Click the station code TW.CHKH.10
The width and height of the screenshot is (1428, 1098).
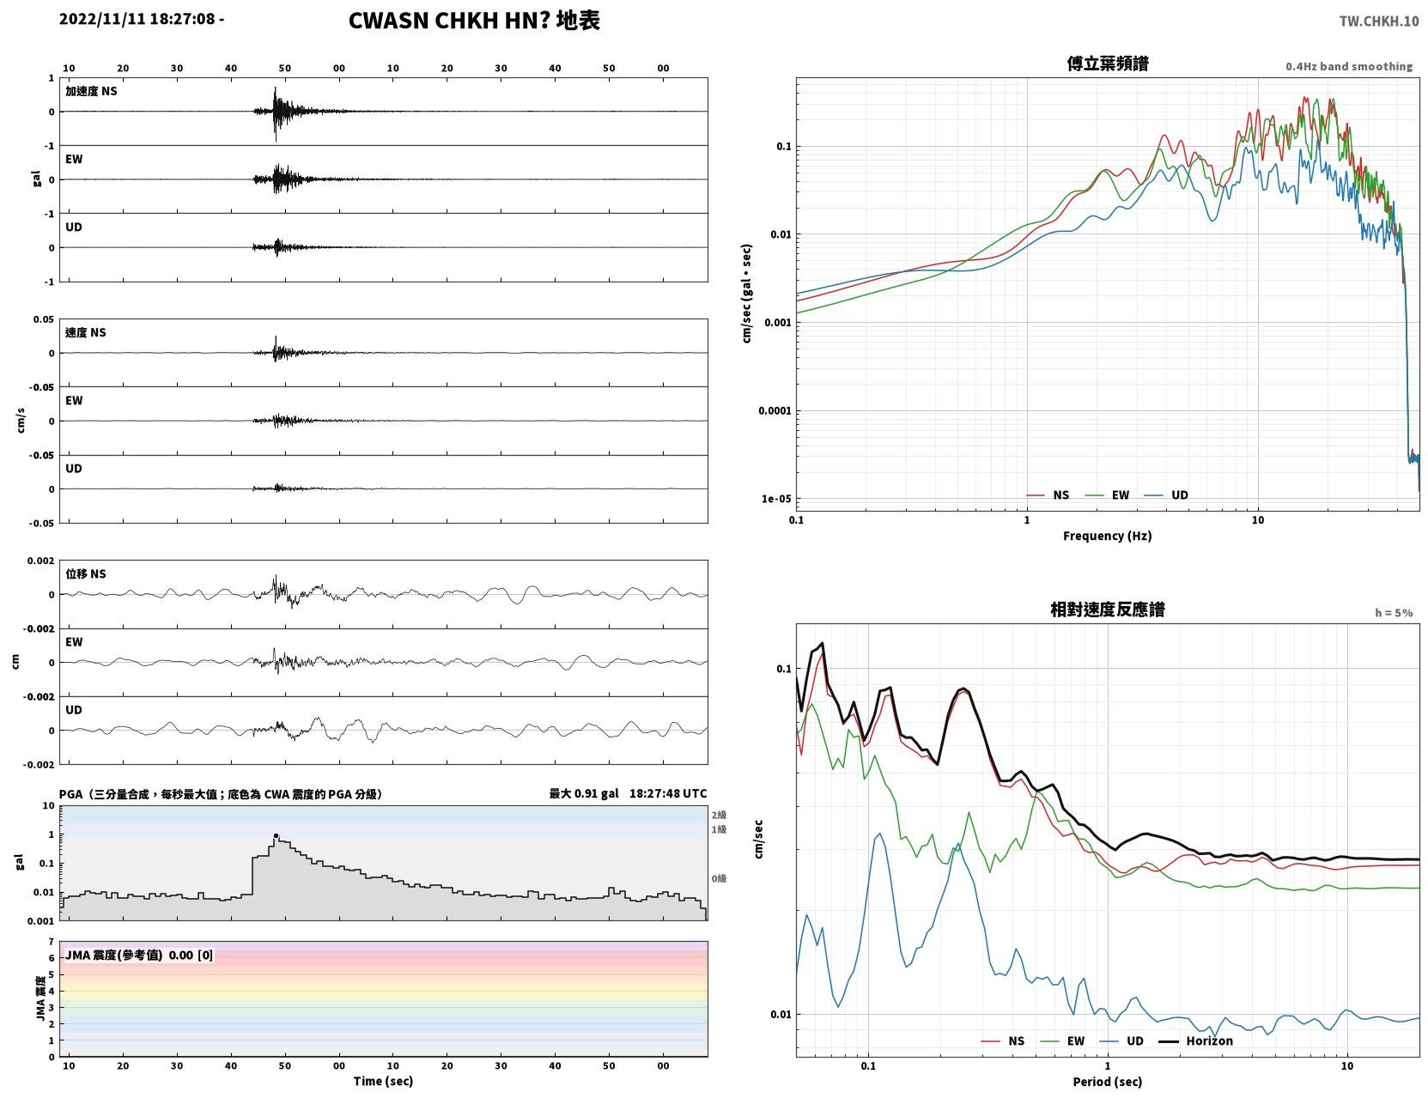click(x=1379, y=21)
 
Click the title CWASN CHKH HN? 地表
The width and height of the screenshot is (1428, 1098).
click(x=474, y=21)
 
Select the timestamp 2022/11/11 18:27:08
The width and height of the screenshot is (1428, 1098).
click(x=137, y=18)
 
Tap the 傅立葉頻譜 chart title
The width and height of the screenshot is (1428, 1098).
click(x=1108, y=64)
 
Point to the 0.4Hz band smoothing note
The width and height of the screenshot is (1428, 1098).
click(x=1348, y=66)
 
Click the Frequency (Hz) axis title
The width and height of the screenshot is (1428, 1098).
click(x=1108, y=536)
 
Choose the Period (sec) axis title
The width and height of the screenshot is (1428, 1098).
click(x=1108, y=1082)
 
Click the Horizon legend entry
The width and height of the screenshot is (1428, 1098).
click(x=1195, y=1040)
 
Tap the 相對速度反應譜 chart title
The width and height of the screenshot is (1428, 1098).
click(x=1108, y=610)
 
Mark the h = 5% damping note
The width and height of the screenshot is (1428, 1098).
click(x=1393, y=613)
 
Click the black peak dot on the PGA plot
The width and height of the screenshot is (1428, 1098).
click(x=276, y=836)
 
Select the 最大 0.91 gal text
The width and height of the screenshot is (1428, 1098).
click(x=584, y=793)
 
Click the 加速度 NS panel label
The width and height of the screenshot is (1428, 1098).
click(x=91, y=91)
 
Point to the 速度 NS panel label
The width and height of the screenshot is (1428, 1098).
click(x=85, y=332)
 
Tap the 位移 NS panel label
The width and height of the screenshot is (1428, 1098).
click(x=85, y=573)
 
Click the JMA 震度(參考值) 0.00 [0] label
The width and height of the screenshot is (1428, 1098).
click(x=138, y=955)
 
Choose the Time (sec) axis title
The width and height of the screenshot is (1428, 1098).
click(x=383, y=1081)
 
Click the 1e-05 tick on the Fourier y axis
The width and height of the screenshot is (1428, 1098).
click(x=776, y=499)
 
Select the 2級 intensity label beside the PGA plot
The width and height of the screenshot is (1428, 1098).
click(x=719, y=815)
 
